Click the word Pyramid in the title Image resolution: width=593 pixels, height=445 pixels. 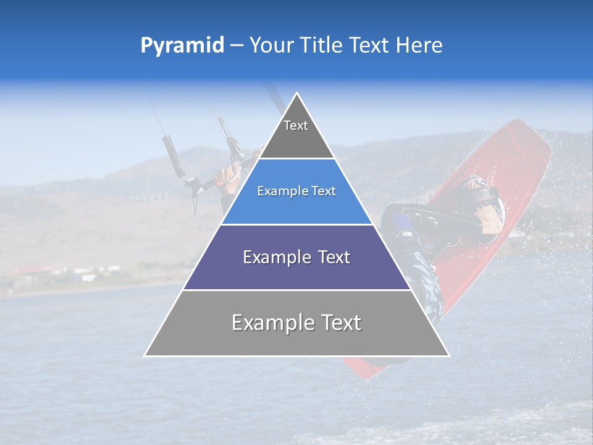182,46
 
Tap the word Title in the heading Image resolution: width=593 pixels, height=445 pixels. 323,45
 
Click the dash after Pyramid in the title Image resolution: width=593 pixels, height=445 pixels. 237,46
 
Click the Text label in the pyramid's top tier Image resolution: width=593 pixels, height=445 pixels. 296,125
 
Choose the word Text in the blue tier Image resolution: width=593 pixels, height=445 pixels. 322,191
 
